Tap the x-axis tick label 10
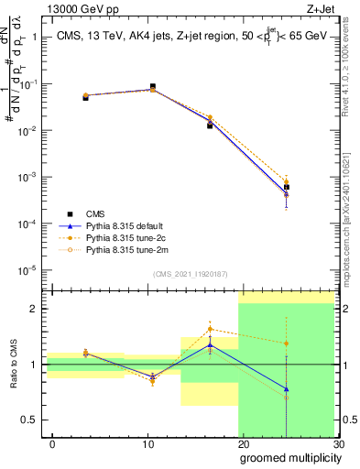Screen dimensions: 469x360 [x=147, y=444]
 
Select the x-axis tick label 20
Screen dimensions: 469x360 [x=243, y=444]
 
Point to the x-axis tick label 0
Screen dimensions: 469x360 [x=52, y=444]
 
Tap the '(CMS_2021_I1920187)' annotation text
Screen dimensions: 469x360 [x=190, y=274]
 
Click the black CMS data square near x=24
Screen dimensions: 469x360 [x=287, y=187]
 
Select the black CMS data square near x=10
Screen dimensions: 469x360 [x=152, y=86]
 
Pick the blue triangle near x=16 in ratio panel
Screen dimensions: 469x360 [x=210, y=345]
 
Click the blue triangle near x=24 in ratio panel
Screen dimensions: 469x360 [x=287, y=388]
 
